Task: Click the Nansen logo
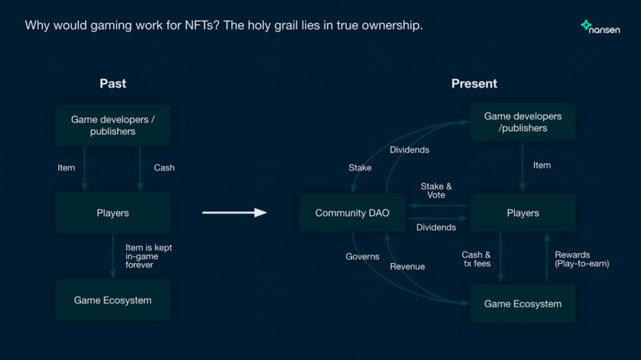point(600,27)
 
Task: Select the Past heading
point(113,84)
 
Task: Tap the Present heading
point(475,84)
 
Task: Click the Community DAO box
point(352,213)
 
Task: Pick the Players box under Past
point(113,213)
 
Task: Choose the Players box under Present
point(523,213)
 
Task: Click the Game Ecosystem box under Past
point(113,300)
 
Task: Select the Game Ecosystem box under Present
point(523,303)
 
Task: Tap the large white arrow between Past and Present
point(235,212)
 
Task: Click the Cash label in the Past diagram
point(164,167)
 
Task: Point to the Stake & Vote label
point(436,190)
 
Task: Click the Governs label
point(362,256)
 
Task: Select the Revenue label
point(407,266)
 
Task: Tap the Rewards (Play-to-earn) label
point(581,259)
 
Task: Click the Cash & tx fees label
point(476,259)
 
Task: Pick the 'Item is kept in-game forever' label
point(149,256)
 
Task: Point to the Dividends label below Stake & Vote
point(436,227)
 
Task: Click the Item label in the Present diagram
point(542,165)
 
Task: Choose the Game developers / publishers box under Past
point(113,125)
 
